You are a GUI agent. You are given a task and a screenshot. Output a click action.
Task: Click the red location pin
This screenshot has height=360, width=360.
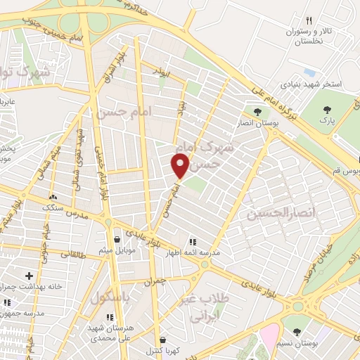click(181, 167)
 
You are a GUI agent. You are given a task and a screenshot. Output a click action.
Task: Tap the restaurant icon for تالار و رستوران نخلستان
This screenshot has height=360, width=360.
click(308, 22)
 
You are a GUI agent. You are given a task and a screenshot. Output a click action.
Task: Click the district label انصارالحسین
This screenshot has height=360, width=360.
click(279, 212)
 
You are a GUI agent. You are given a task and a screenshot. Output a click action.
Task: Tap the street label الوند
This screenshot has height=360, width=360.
click(161, 71)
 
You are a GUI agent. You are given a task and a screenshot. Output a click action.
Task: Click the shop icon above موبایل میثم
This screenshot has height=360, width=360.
click(115, 240)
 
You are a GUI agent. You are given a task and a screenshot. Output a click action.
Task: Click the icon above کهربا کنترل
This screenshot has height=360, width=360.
click(162, 340)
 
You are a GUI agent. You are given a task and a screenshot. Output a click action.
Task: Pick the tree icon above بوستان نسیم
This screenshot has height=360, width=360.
click(296, 331)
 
